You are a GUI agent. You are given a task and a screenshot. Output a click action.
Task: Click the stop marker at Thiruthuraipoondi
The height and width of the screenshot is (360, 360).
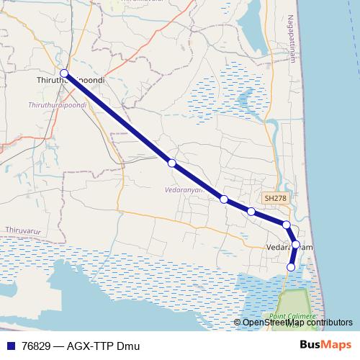64,73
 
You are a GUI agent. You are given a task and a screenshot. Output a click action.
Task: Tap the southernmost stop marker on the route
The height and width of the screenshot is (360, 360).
291,267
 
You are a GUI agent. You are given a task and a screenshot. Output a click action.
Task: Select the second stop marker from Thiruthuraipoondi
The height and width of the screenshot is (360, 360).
171,163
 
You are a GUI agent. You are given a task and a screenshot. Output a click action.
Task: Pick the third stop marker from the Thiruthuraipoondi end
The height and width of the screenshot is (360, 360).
224,199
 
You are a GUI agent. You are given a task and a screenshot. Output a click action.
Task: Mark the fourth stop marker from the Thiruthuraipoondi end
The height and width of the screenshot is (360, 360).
251,212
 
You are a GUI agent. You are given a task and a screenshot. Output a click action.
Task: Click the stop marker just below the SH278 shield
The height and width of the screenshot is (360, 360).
287,225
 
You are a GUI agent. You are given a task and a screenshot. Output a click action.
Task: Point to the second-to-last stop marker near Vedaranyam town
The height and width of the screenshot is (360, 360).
295,245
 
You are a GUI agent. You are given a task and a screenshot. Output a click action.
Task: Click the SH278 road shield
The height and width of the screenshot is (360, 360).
275,198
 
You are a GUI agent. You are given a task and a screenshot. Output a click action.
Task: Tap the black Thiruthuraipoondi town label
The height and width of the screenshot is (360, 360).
71,81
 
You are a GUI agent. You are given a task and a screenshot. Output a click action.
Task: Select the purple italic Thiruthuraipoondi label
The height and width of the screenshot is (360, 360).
57,105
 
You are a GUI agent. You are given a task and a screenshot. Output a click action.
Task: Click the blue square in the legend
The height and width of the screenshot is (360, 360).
10,346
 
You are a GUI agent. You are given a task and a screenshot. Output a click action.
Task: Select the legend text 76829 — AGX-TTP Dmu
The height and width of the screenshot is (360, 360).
71,346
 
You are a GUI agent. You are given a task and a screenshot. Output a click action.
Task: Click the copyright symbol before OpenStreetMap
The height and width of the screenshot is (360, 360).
238,323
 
